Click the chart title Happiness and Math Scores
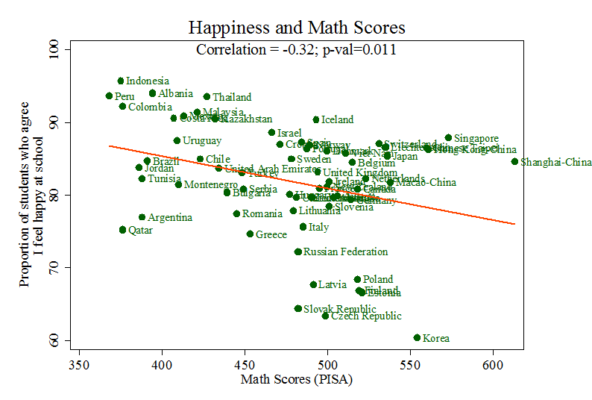coord(296,28)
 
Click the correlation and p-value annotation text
coord(296,50)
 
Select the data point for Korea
coord(417,337)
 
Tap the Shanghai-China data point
coord(514,161)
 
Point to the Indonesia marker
coord(120,81)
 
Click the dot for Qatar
coord(122,230)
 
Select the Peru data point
coord(109,96)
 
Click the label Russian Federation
coord(345,252)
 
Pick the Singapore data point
coord(448,137)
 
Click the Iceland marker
coord(315,119)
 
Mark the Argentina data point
coord(142,217)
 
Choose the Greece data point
coord(250,234)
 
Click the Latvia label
coord(333,284)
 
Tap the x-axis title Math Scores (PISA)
coord(296,380)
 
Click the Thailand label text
coord(232,97)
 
